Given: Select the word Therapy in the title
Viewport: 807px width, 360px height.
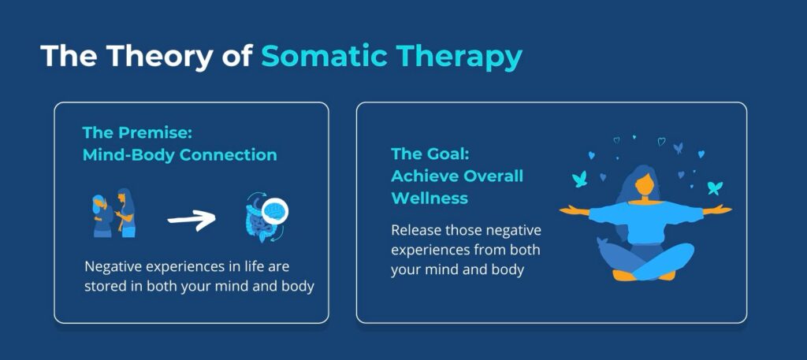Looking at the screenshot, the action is [458, 57].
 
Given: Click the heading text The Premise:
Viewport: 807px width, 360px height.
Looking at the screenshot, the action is [137, 132].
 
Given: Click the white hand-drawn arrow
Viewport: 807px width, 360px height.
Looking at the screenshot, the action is [192, 220].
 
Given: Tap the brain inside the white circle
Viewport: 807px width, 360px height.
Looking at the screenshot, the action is [274, 210].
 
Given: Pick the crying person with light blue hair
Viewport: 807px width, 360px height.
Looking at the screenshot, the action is [102, 216].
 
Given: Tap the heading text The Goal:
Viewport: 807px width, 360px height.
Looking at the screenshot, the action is [431, 154].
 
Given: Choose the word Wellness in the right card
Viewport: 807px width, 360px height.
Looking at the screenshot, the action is [430, 198].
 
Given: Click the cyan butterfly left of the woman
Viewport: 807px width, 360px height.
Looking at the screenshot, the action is [579, 179].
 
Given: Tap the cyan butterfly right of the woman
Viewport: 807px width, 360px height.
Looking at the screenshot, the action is [715, 187].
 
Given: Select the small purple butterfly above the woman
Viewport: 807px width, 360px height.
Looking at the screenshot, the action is [679, 148].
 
